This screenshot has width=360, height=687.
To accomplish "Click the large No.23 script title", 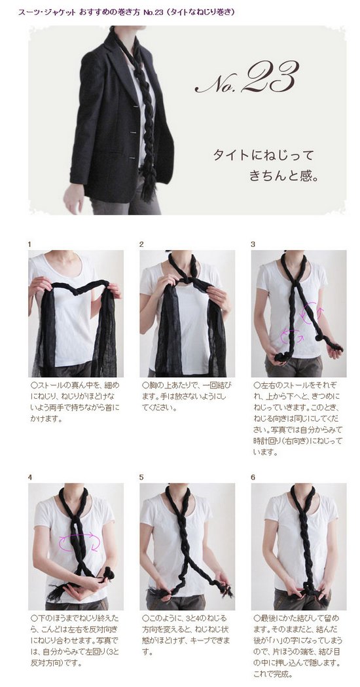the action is (246, 78).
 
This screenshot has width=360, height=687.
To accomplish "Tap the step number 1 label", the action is (29, 244).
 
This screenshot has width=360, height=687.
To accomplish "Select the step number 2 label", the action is (141, 244).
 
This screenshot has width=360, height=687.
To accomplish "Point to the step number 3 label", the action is (253, 244).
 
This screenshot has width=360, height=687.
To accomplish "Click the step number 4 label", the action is (29, 477).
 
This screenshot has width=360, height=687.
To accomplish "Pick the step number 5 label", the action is (141, 477).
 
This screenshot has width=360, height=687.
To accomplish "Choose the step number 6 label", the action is (253, 477).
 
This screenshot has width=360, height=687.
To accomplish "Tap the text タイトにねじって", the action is (264, 155).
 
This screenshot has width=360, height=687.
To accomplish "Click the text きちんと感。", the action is (283, 176).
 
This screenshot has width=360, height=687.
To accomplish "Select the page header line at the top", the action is (126, 12).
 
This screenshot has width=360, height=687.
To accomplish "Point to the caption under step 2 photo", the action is (187, 396).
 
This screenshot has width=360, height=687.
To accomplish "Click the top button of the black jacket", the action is (136, 107).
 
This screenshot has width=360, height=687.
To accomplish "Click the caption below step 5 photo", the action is (187, 635).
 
